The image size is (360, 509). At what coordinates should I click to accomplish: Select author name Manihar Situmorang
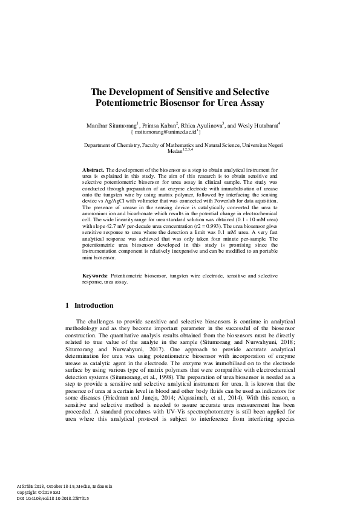pos(114,125)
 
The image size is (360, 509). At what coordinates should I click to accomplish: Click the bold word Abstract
pos(93,171)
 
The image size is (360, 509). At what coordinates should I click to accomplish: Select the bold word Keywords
pos(95,276)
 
